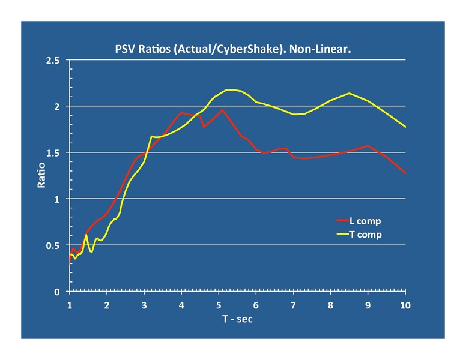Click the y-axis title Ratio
tap(41, 175)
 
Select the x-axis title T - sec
tap(237, 319)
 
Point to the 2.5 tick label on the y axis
tap(53, 61)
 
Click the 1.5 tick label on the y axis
tap(53, 153)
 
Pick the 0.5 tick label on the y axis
tap(53, 245)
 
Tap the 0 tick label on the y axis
tap(58, 292)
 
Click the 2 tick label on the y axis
tap(58, 107)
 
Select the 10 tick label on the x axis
tap(405, 305)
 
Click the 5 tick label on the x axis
tap(219, 305)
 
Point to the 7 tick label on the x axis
tap(294, 305)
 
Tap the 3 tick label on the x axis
tap(144, 305)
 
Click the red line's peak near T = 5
tap(222, 110)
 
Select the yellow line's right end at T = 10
tap(405, 127)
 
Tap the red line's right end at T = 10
tap(405, 173)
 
